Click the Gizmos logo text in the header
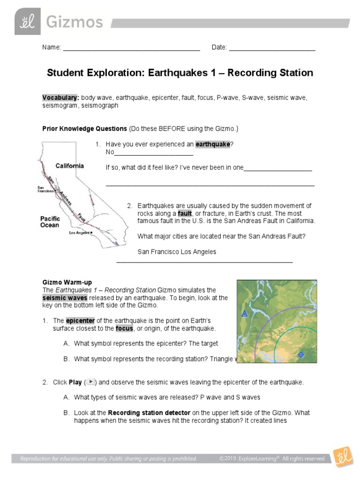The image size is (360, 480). (x=74, y=22)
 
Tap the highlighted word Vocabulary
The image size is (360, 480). (x=60, y=97)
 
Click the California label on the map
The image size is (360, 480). (x=70, y=166)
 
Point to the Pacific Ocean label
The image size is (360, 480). (x=50, y=222)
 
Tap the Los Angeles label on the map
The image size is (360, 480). (x=80, y=232)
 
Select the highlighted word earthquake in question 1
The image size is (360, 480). (x=212, y=144)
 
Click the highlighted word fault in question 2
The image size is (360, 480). (x=185, y=213)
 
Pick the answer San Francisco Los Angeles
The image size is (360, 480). (x=177, y=252)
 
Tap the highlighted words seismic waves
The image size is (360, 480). (x=61, y=298)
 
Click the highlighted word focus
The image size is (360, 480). (x=124, y=328)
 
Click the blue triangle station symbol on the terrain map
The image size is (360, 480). (x=244, y=314)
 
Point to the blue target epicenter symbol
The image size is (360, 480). (x=301, y=355)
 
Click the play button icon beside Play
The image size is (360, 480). (x=91, y=382)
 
